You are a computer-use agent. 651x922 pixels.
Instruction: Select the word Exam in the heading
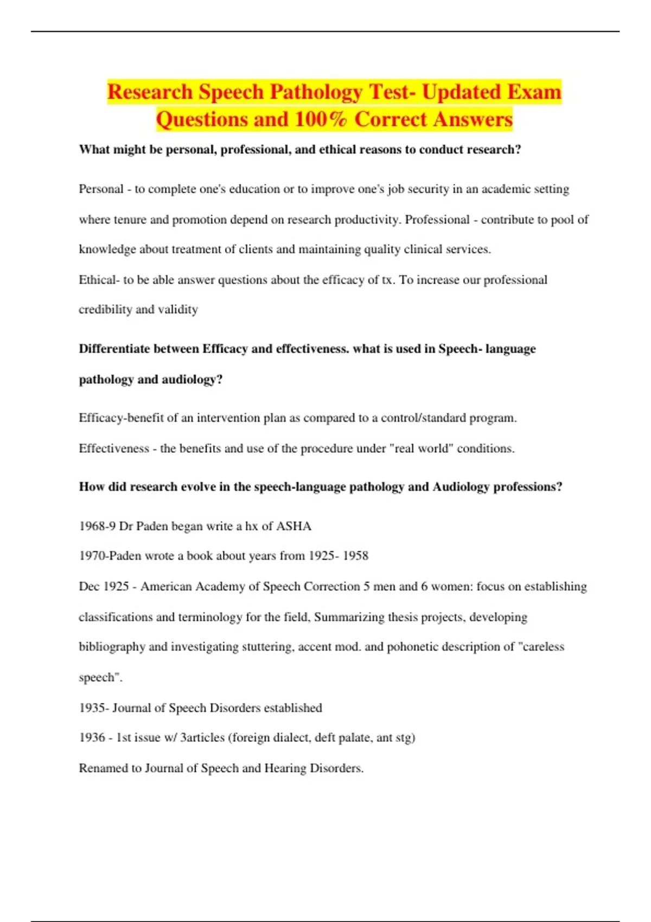tap(535, 92)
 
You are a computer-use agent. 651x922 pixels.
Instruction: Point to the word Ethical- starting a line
tap(99, 280)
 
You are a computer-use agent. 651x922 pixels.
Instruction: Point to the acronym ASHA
tap(293, 526)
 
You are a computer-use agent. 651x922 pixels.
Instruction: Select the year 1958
tap(355, 556)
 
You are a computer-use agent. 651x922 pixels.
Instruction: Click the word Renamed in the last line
tap(103, 768)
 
